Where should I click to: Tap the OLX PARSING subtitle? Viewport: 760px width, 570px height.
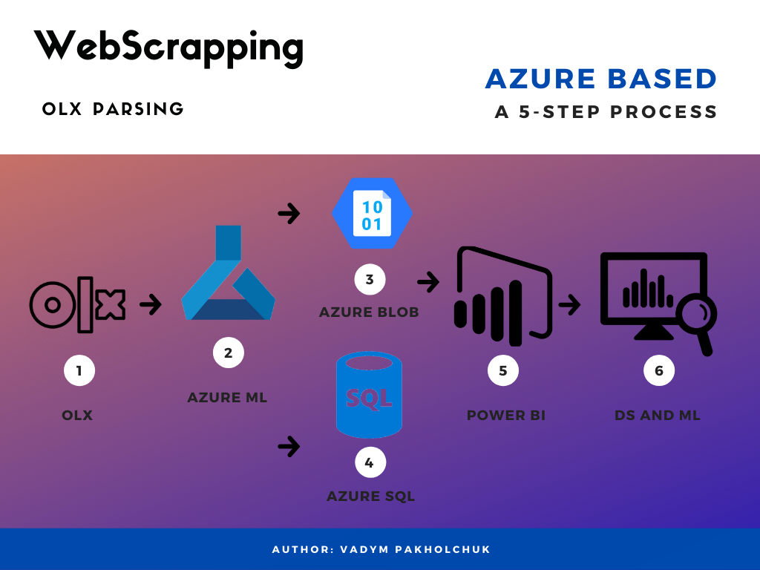[x=113, y=109]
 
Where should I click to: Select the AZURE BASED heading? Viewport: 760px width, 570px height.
[x=601, y=79]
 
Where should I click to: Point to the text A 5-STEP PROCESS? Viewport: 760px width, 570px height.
[x=606, y=112]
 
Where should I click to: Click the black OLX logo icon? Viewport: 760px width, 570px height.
[x=78, y=304]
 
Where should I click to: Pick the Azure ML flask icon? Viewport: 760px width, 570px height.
[x=228, y=276]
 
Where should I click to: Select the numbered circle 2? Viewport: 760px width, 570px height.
[x=228, y=353]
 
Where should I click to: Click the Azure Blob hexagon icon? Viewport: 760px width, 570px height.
[x=372, y=214]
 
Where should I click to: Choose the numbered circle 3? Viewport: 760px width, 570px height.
[x=370, y=280]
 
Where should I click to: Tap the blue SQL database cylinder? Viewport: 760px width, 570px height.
[x=369, y=396]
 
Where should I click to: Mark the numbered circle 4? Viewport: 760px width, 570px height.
[x=370, y=464]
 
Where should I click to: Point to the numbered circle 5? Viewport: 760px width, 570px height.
[x=503, y=370]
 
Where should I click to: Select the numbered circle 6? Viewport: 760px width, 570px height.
[x=659, y=370]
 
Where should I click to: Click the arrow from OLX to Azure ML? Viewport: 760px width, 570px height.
[x=151, y=304]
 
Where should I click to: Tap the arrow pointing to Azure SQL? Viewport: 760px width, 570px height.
[x=289, y=446]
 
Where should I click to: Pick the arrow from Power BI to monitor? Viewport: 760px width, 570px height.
[x=569, y=304]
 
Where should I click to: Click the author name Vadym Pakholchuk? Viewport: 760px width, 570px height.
[x=415, y=550]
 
